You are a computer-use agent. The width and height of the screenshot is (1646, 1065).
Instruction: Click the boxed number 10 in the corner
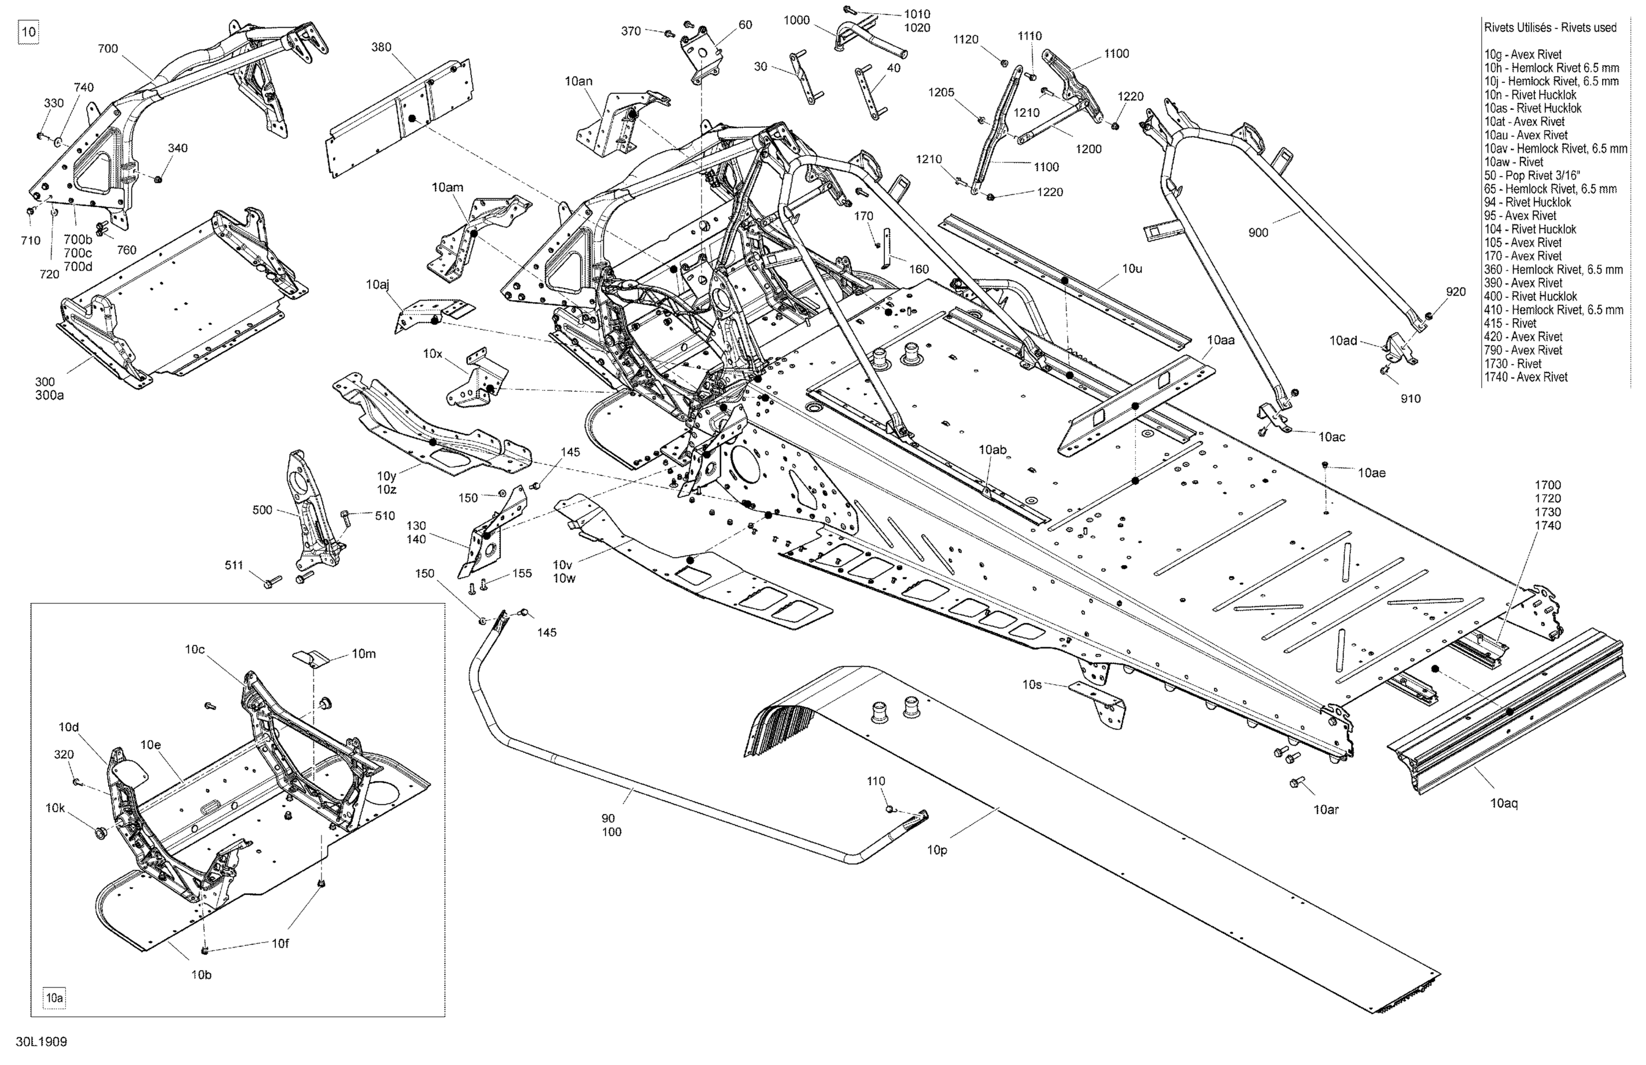tap(29, 32)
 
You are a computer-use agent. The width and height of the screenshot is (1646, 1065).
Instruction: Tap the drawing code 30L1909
tap(43, 1041)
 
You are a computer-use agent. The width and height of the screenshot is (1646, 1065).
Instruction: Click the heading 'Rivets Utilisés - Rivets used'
tap(1550, 27)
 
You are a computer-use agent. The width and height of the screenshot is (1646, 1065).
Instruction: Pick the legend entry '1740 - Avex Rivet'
tap(1526, 377)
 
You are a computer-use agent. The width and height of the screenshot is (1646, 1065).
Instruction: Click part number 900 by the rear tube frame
tap(1258, 233)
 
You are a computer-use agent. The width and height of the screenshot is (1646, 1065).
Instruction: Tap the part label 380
tap(381, 47)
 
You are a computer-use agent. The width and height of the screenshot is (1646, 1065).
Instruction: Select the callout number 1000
tap(796, 20)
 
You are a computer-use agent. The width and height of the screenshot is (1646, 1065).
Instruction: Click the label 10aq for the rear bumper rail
tap(1503, 804)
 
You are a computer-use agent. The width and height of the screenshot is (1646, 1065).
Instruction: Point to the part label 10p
tap(937, 850)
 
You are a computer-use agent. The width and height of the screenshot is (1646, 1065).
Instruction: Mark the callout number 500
tap(262, 510)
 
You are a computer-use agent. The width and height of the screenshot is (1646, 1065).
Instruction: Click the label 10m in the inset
tap(364, 653)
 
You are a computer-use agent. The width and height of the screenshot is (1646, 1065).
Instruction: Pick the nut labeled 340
tap(157, 179)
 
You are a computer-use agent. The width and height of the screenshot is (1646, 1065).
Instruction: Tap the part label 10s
tap(1032, 685)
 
